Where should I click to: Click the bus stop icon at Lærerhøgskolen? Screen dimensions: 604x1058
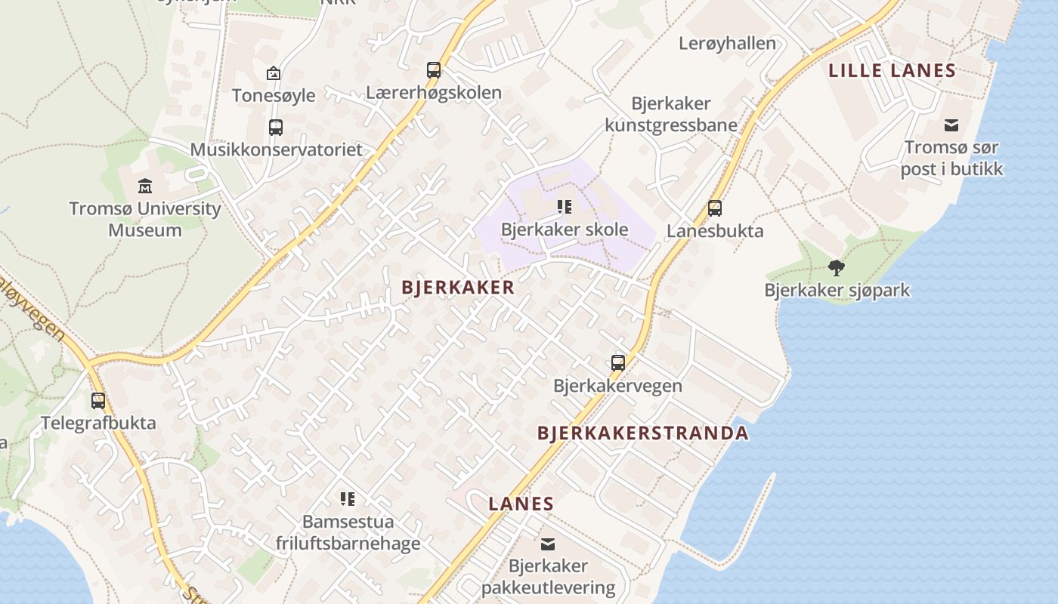pyautogui.click(x=434, y=70)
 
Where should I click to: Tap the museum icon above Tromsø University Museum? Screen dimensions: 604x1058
pyautogui.click(x=145, y=186)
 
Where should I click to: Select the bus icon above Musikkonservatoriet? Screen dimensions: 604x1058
pyautogui.click(x=276, y=127)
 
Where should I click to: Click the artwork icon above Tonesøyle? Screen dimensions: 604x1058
pyautogui.click(x=274, y=73)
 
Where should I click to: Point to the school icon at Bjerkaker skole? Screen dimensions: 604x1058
pyautogui.click(x=564, y=206)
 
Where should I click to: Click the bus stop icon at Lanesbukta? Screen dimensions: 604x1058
pyautogui.click(x=714, y=208)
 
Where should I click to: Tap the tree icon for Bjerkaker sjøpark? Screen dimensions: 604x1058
pyautogui.click(x=836, y=267)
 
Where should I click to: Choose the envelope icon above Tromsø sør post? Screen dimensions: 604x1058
pyautogui.click(x=951, y=125)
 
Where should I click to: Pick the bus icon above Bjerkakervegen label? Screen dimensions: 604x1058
pyautogui.click(x=618, y=363)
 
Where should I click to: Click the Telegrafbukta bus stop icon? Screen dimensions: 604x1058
pyautogui.click(x=98, y=400)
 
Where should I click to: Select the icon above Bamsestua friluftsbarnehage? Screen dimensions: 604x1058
pyautogui.click(x=347, y=498)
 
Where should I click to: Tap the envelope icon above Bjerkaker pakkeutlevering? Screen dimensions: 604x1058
pyautogui.click(x=548, y=544)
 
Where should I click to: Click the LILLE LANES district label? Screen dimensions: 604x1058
pyautogui.click(x=892, y=71)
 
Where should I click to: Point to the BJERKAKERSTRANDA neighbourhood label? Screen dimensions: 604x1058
pyautogui.click(x=642, y=433)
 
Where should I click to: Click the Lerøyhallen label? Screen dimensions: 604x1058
pyautogui.click(x=727, y=43)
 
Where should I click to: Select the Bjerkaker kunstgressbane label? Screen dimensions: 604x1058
pyautogui.click(x=671, y=114)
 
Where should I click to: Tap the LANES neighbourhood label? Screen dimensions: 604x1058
pyautogui.click(x=521, y=504)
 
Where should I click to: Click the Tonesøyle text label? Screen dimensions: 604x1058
pyautogui.click(x=274, y=95)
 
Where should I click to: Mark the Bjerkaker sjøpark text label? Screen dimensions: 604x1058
pyautogui.click(x=837, y=290)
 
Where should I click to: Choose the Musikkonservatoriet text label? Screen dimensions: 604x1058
pyautogui.click(x=277, y=149)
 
